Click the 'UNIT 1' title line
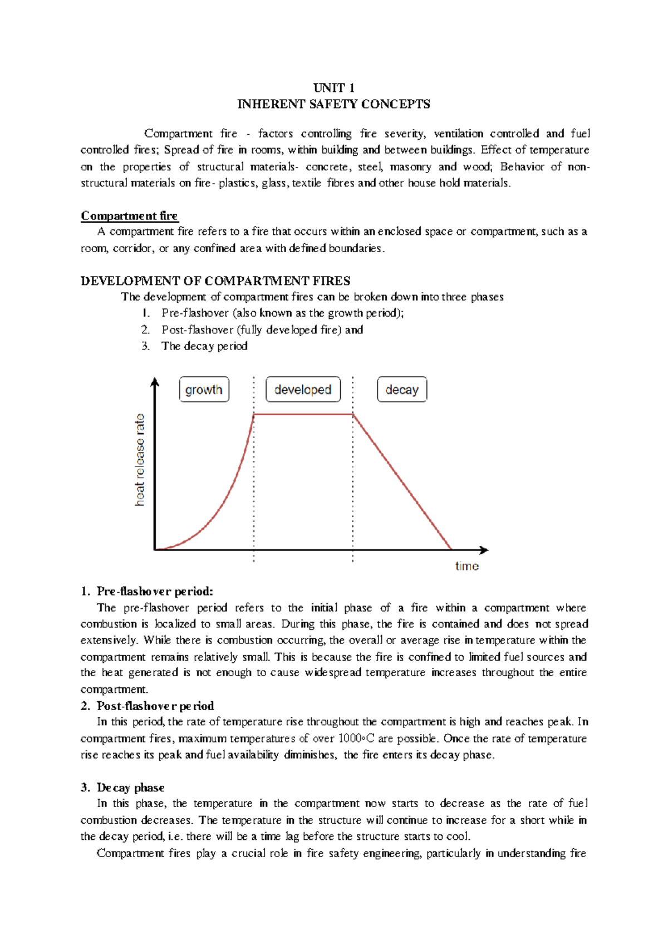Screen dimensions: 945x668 point(333,87)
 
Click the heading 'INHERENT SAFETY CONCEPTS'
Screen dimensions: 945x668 point(333,104)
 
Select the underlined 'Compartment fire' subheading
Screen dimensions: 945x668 point(129,215)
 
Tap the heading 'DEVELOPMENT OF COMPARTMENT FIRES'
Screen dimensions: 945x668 point(215,280)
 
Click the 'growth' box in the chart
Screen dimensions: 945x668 point(204,390)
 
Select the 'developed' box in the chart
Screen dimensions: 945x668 point(303,390)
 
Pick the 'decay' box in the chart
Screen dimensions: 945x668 point(402,390)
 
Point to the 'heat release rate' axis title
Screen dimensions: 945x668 point(140,460)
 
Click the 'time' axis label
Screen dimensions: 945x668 point(466,566)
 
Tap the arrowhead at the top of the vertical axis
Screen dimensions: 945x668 point(155,381)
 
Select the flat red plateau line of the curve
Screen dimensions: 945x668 point(303,414)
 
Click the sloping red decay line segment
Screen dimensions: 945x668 point(402,481)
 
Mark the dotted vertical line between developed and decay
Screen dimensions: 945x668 point(353,490)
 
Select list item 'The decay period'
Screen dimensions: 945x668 point(204,346)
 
